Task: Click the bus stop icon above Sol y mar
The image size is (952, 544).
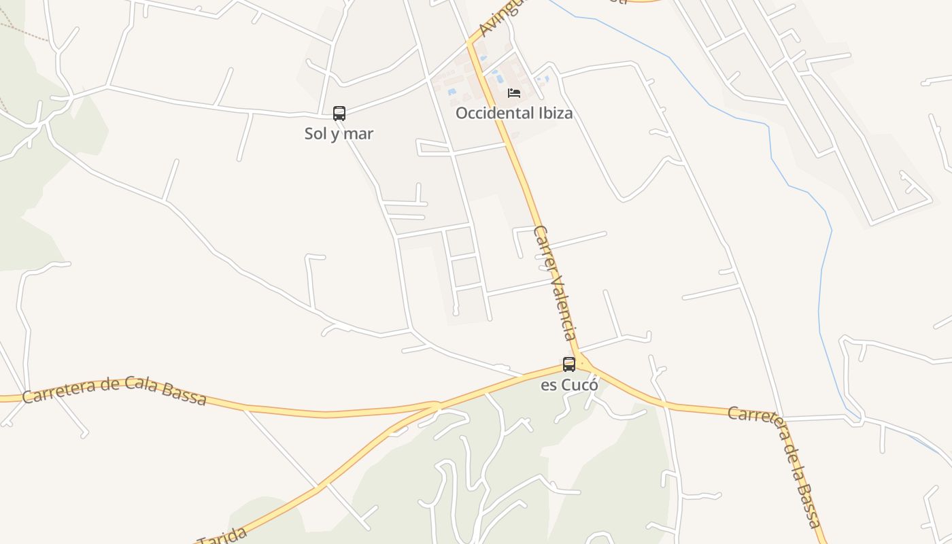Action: (x=339, y=114)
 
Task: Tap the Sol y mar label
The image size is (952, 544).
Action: (x=339, y=134)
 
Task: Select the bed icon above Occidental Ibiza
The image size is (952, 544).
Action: (x=514, y=92)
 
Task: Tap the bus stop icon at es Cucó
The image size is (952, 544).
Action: (x=569, y=364)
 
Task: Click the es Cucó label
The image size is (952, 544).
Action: (x=569, y=385)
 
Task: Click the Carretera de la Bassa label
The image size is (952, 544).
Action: (x=779, y=462)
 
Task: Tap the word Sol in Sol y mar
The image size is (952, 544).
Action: (x=316, y=134)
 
